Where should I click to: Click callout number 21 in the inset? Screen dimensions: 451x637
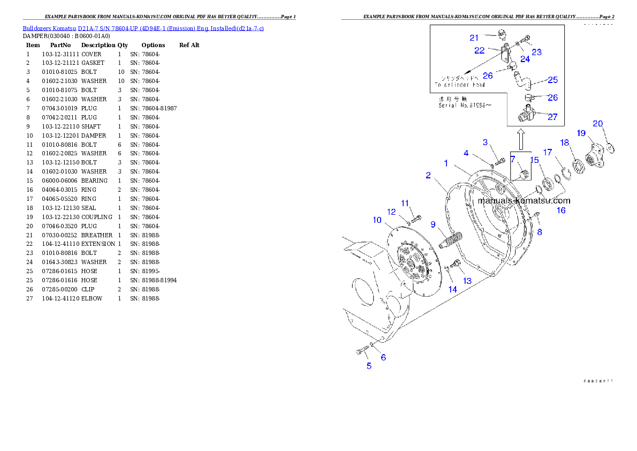[474, 37]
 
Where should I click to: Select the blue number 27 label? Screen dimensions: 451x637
[552, 117]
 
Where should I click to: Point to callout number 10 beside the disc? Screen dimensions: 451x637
[377, 220]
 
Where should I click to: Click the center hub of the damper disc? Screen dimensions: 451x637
[410, 264]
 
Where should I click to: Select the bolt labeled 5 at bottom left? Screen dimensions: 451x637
[361, 351]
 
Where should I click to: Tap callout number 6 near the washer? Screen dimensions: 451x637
[383, 357]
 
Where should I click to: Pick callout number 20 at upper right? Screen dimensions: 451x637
[597, 124]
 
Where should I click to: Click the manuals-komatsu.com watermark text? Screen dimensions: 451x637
[524, 201]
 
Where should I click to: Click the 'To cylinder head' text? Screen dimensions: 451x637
[459, 85]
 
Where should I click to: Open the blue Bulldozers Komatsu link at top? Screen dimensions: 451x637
[143, 28]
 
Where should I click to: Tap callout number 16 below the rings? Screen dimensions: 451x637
[561, 211]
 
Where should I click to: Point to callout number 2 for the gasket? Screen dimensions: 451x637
[428, 175]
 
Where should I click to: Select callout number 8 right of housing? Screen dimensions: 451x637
[540, 232]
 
